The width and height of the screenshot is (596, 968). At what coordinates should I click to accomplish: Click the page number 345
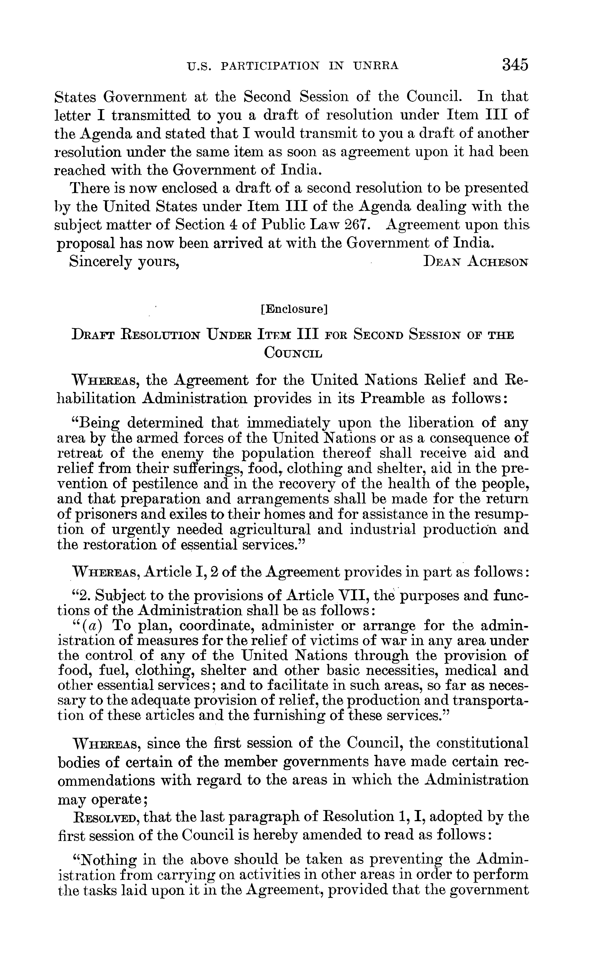tap(515, 64)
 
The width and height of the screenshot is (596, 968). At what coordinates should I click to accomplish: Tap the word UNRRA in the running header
tap(376, 66)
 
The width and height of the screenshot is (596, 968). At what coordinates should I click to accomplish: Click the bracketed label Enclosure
tap(294, 310)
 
